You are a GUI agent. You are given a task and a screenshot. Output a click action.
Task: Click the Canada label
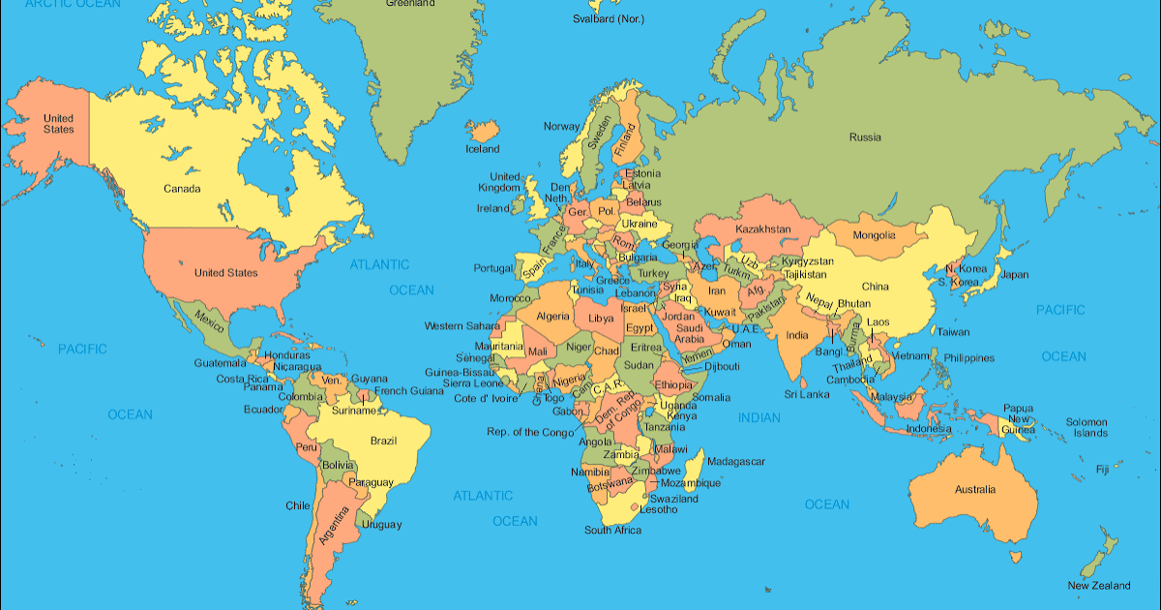point(182,188)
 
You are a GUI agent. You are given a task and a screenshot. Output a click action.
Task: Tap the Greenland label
point(409,4)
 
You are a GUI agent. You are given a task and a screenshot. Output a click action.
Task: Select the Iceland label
point(483,149)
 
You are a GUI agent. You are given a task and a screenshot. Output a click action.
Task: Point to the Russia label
point(865,137)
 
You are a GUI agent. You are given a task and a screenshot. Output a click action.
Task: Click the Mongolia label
point(874,235)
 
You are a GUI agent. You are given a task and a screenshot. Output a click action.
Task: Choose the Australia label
point(974,490)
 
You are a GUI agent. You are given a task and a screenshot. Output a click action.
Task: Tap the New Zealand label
point(1098,586)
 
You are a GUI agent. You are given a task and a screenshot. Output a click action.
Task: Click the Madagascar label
point(736,462)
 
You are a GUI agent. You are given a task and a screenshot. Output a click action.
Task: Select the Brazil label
point(383,442)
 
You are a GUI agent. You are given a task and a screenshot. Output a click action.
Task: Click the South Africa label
point(612,531)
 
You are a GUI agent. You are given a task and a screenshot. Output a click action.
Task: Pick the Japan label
point(1014,274)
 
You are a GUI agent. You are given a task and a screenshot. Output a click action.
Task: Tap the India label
point(796,336)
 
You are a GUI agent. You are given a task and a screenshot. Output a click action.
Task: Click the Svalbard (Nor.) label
point(608,18)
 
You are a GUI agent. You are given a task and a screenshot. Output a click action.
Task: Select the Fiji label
point(1102,470)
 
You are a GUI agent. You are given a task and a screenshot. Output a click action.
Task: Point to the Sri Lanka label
point(806,395)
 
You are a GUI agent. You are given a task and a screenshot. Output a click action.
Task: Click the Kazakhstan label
point(763,229)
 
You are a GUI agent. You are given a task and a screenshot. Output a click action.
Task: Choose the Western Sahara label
point(461,326)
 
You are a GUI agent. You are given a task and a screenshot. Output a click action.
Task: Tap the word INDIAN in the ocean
point(759,417)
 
